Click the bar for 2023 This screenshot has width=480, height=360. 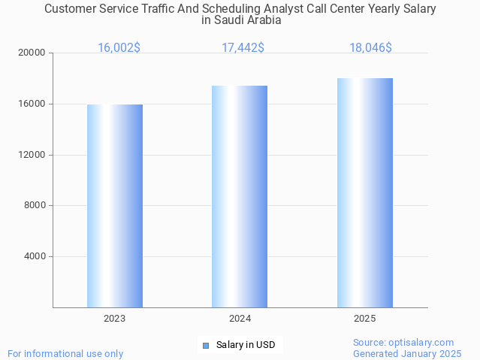coord(115,206)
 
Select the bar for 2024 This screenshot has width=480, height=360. coord(240,197)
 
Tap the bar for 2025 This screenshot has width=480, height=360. coord(365,193)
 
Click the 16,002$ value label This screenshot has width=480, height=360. coord(119,48)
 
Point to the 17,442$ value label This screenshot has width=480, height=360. coord(243,48)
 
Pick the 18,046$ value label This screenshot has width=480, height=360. coord(370,48)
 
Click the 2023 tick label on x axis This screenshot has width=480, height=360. coord(115,319)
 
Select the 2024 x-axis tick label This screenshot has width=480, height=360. coord(240,319)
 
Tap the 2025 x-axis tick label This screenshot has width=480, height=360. coord(365,319)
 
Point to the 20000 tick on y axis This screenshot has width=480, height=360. coord(32,53)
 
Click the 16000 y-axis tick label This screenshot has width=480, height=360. coord(32,104)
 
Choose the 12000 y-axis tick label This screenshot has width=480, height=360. coord(32,155)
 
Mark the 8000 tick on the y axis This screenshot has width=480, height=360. coord(35,206)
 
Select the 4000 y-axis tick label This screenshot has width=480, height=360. coord(35,256)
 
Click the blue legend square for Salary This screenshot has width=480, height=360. coord(205,346)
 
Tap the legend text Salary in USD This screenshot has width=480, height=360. coord(246,346)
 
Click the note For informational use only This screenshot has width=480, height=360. coord(65,353)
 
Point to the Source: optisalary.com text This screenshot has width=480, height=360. coord(403,343)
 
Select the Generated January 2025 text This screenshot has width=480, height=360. coord(407,353)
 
